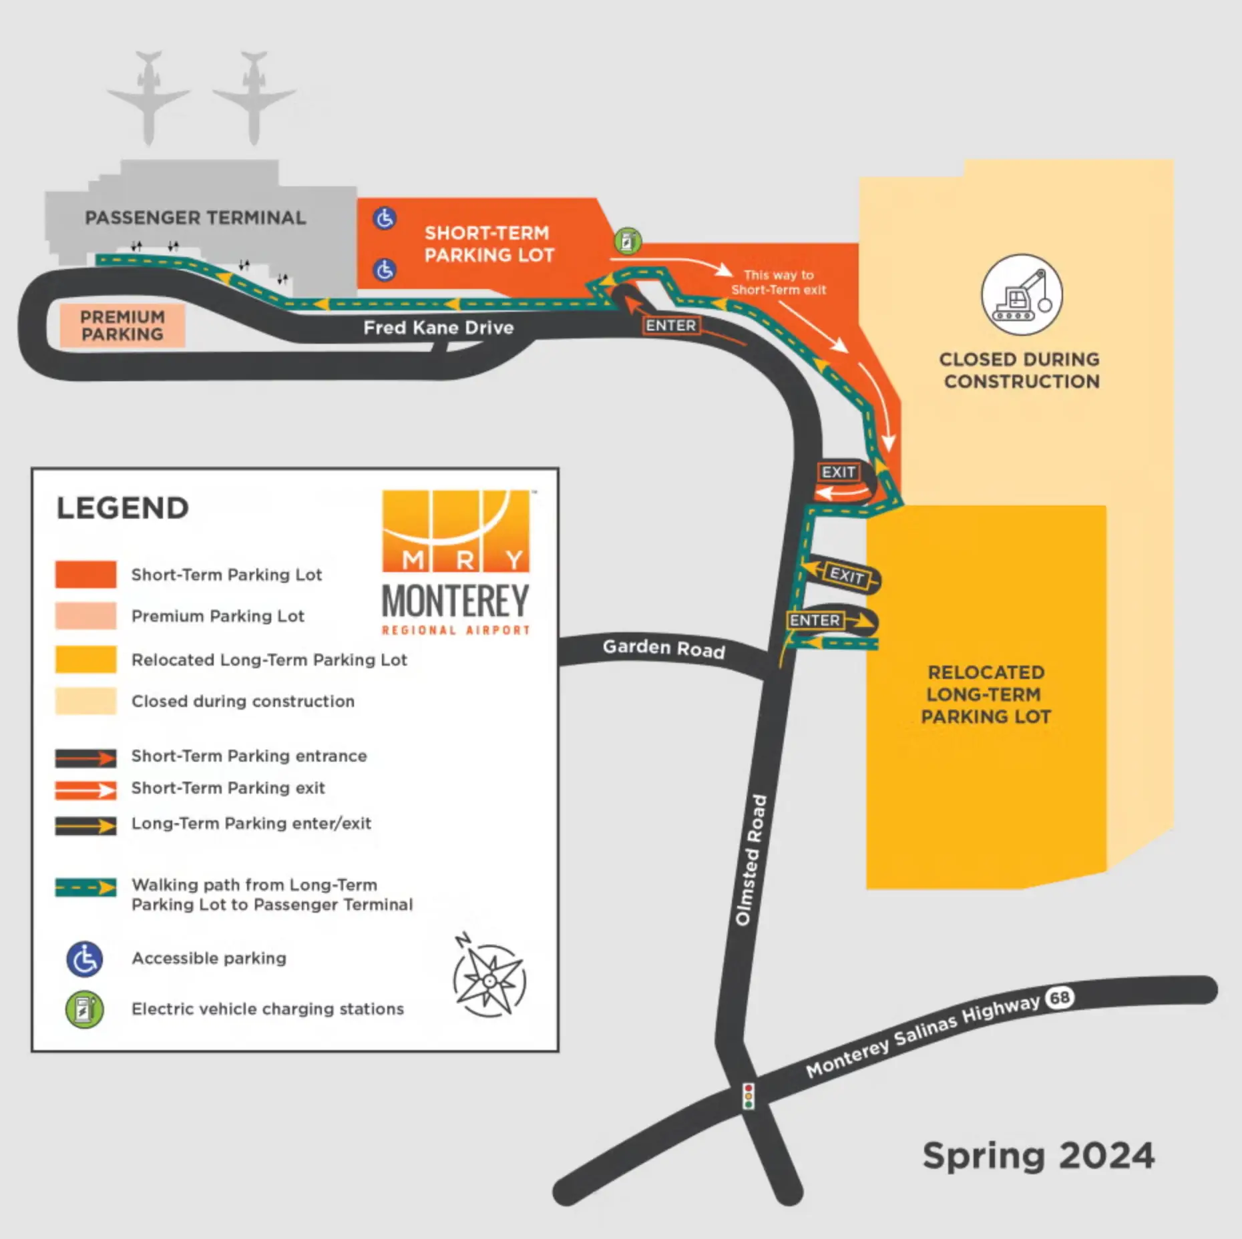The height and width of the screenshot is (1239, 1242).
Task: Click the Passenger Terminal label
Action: [x=195, y=218]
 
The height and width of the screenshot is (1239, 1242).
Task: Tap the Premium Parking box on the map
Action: [x=122, y=326]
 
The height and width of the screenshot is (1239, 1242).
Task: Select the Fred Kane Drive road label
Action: [x=438, y=327]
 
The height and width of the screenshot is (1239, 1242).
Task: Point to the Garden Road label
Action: [x=664, y=648]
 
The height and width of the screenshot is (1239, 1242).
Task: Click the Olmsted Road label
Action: [x=751, y=860]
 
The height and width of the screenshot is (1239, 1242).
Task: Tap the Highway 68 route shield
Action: [x=1060, y=997]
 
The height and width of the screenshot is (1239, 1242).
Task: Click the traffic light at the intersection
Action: [x=749, y=1096]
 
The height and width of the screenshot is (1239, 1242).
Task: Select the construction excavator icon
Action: [x=1022, y=294]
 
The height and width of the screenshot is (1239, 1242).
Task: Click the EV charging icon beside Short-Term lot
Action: [x=627, y=241]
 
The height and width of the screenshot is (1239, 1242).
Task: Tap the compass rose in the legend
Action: [x=489, y=979]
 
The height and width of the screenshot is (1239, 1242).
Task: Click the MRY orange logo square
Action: [x=456, y=531]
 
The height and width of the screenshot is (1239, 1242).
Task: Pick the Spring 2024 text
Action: [x=1038, y=1156]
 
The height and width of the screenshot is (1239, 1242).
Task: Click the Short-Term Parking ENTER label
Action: [x=670, y=325]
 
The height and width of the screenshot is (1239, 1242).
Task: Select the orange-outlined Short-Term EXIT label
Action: [x=838, y=472]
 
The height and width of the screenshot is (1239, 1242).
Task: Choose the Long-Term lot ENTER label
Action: [x=815, y=620]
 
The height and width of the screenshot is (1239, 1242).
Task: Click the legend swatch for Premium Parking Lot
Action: [x=85, y=615]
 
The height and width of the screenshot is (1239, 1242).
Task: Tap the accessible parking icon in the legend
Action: [x=85, y=959]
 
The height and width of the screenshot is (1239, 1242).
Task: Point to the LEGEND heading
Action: [x=123, y=508]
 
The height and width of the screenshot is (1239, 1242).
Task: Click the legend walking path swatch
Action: [x=85, y=887]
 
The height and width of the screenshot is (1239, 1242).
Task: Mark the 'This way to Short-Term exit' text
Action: [x=779, y=282]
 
